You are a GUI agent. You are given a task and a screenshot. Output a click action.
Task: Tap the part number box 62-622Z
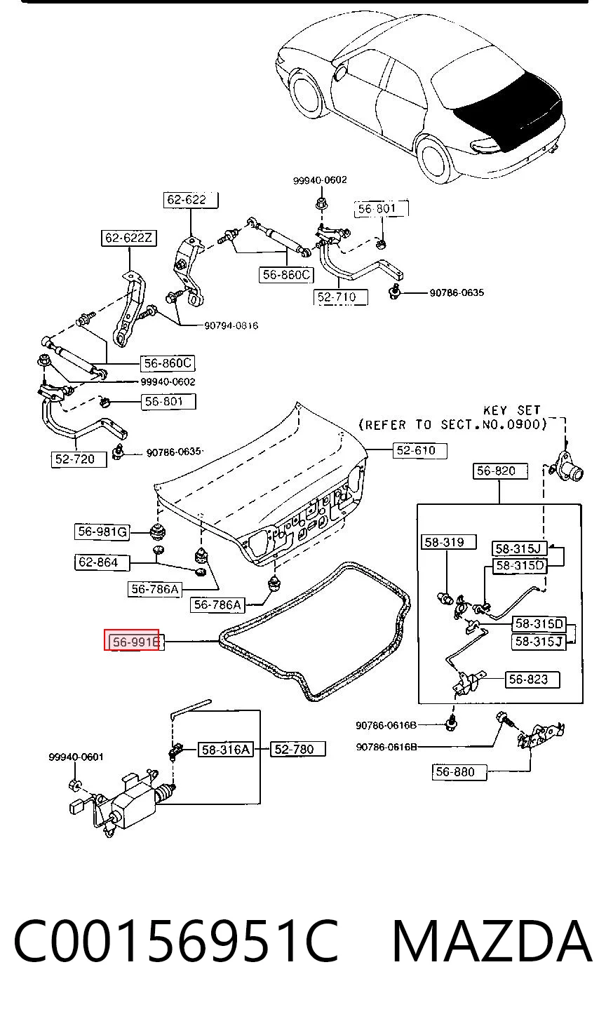pyautogui.click(x=129, y=238)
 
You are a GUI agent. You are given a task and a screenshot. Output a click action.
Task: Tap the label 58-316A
pyautogui.click(x=226, y=750)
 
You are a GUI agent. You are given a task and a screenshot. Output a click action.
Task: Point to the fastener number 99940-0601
pyautogui.click(x=76, y=757)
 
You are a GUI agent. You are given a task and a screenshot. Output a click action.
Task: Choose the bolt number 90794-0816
pyautogui.click(x=231, y=325)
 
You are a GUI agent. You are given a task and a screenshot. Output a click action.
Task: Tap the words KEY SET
pyautogui.click(x=512, y=410)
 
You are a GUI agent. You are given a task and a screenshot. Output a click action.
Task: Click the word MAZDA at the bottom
pyautogui.click(x=492, y=942)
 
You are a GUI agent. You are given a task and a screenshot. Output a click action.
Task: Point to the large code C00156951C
pyautogui.click(x=175, y=942)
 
